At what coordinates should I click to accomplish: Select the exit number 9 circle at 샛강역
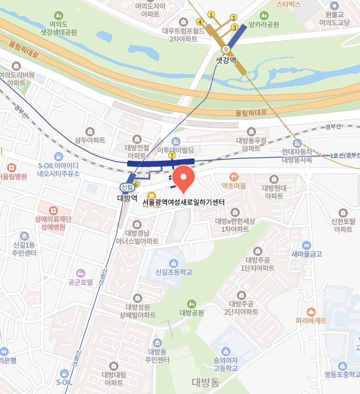[225, 49]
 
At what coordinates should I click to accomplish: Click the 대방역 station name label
[127, 198]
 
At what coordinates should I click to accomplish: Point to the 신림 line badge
[127, 187]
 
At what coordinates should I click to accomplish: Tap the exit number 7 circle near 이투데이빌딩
[172, 156]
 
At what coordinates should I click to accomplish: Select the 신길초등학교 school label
[174, 272]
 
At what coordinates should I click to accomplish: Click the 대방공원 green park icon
[192, 303]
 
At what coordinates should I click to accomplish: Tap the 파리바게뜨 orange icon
[311, 312]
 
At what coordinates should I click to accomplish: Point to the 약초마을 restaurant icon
[234, 176]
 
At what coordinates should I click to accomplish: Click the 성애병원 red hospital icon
[53, 209]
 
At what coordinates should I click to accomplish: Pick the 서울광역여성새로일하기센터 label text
[183, 202]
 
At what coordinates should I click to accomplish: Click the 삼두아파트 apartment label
[90, 140]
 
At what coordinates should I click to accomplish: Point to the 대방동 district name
[206, 382]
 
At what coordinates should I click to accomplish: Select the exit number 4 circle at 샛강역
[200, 22]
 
